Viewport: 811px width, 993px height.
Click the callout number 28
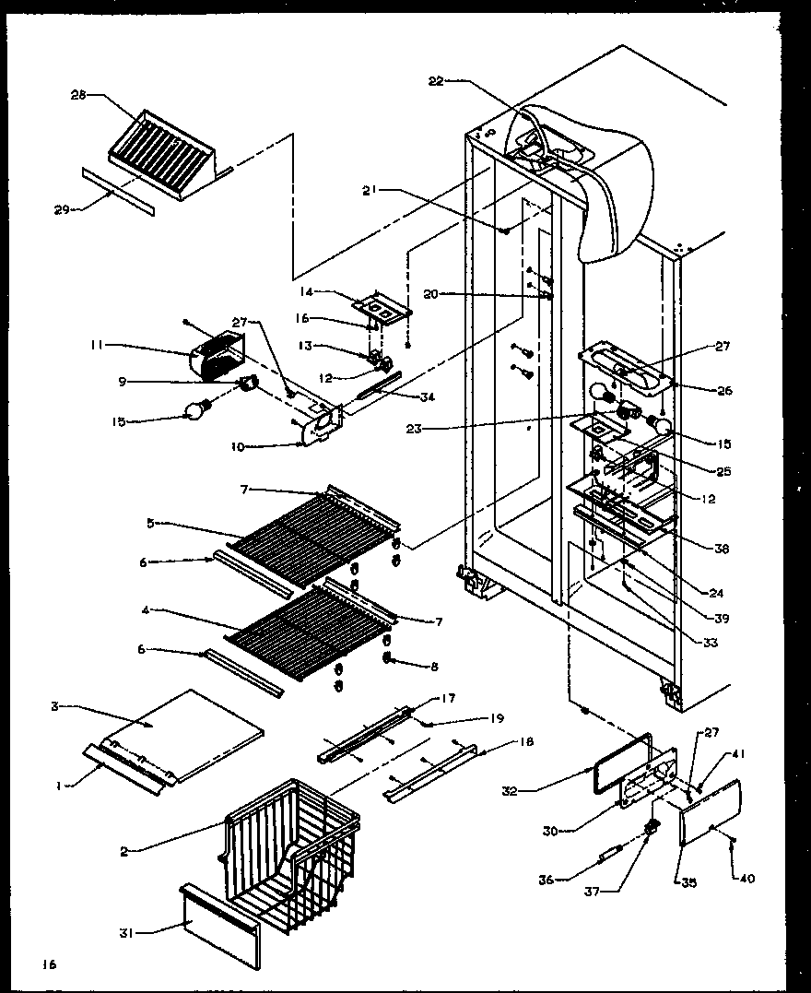[77, 94]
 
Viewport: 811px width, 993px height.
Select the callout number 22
[436, 81]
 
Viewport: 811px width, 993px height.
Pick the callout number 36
[547, 880]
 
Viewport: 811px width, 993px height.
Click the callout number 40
[746, 879]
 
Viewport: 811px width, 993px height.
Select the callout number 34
[427, 397]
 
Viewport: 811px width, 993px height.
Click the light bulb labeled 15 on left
[197, 411]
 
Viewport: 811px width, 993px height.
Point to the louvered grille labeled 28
[161, 148]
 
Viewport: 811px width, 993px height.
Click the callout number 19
[470, 718]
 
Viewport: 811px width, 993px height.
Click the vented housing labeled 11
[217, 358]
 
